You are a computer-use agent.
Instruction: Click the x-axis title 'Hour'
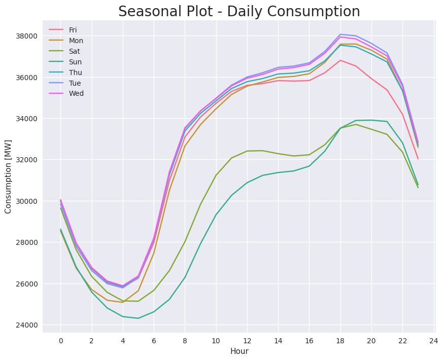239,351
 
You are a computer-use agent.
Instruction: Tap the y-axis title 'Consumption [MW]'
9,181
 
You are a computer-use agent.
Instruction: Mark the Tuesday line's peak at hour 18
340,34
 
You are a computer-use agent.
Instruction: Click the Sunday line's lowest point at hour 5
138,318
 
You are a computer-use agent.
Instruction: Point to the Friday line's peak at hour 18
340,60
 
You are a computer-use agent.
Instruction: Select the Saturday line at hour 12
247,151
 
